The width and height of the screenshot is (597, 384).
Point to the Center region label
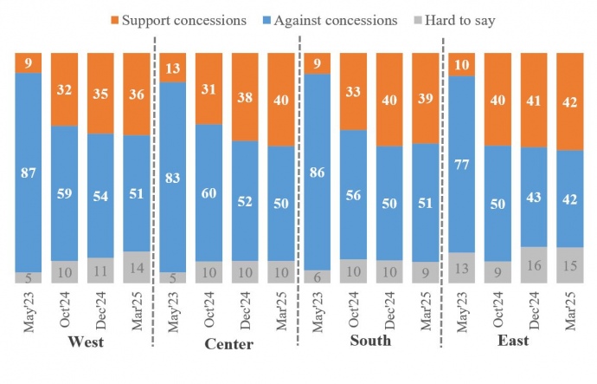pyautogui.click(x=228, y=344)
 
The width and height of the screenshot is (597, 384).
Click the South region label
pyautogui.click(x=370, y=341)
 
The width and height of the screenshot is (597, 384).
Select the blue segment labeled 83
pyautogui.click(x=173, y=177)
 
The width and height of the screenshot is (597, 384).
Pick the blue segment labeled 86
pyautogui.click(x=317, y=172)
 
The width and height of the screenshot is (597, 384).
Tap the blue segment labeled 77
pyautogui.click(x=462, y=164)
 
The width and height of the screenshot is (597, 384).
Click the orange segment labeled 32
pyautogui.click(x=65, y=88)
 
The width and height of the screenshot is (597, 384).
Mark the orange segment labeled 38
pyautogui.click(x=245, y=96)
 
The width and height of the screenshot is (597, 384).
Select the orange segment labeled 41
pyautogui.click(x=533, y=100)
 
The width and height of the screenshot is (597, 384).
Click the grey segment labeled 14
pyautogui.click(x=137, y=267)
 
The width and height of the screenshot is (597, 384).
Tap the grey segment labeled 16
pyautogui.click(x=533, y=264)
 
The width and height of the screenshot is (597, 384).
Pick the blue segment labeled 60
pyautogui.click(x=209, y=192)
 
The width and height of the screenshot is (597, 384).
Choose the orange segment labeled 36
pyautogui.click(x=137, y=93)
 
